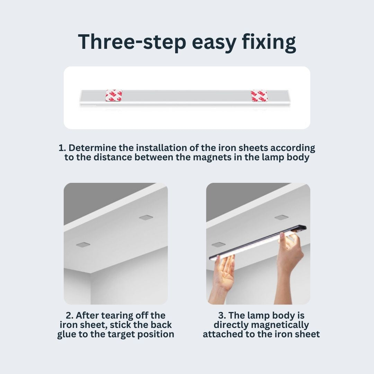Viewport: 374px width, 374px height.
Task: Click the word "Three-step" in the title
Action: [132, 42]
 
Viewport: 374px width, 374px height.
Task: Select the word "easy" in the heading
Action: [214, 44]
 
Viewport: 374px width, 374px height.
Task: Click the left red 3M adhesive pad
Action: [114, 96]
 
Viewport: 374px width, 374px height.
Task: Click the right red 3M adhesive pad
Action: [259, 96]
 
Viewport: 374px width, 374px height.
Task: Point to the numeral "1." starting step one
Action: [62, 148]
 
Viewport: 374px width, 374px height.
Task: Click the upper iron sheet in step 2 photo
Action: [146, 217]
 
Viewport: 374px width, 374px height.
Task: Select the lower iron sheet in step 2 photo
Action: [83, 244]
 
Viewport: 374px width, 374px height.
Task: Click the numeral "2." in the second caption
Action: [69, 315]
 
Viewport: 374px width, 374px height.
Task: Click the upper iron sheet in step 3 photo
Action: [282, 217]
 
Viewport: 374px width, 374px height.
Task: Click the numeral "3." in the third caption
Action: [222, 315]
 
